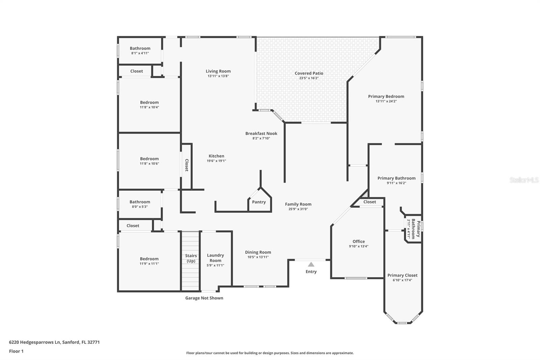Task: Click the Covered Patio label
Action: point(309,73)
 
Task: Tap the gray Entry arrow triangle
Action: point(311,264)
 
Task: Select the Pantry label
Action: point(259,202)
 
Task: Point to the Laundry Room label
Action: point(215,258)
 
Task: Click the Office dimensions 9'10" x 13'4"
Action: point(358,247)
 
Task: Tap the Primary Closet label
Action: point(402,275)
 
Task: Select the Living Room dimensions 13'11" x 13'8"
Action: point(218,76)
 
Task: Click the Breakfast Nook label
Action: point(261,133)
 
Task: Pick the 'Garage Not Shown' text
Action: point(204,298)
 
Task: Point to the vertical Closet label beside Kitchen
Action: point(187,165)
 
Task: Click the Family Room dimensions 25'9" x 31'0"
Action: point(298,209)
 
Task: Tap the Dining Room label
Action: point(258,252)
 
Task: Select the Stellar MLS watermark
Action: point(524,180)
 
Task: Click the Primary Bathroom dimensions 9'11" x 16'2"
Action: point(396,183)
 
